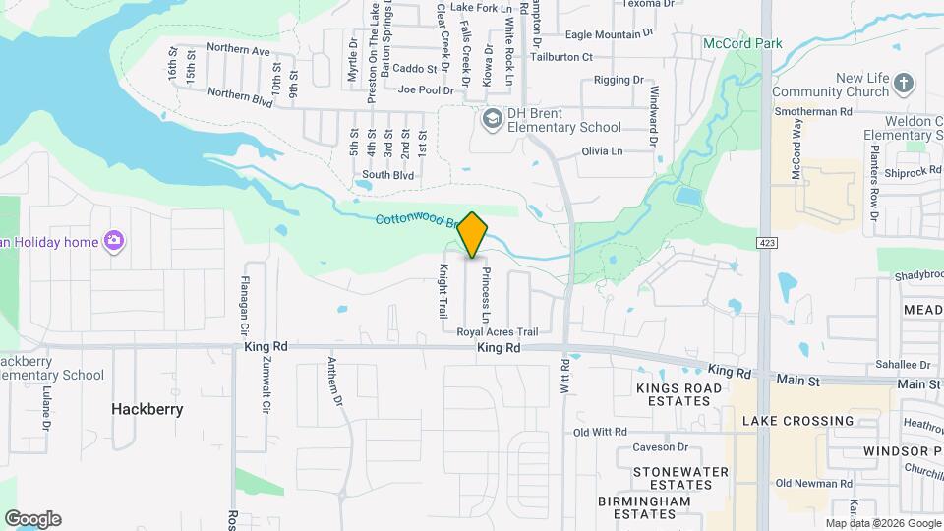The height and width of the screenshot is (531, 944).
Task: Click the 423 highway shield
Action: [x=764, y=242]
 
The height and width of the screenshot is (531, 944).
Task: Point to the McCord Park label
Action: [x=742, y=43]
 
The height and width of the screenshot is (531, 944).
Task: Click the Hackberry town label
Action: [x=147, y=409]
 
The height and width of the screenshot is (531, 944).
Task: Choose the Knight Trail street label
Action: [x=443, y=291]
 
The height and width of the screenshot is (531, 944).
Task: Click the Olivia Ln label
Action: [x=603, y=151]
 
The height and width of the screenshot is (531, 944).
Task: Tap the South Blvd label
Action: [x=387, y=175]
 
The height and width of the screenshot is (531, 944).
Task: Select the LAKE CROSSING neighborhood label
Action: [x=797, y=421]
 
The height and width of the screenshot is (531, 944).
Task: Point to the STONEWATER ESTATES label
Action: [x=673, y=479]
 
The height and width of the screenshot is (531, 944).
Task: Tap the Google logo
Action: [x=32, y=519]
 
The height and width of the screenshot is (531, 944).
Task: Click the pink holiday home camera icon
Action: [x=114, y=240]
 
